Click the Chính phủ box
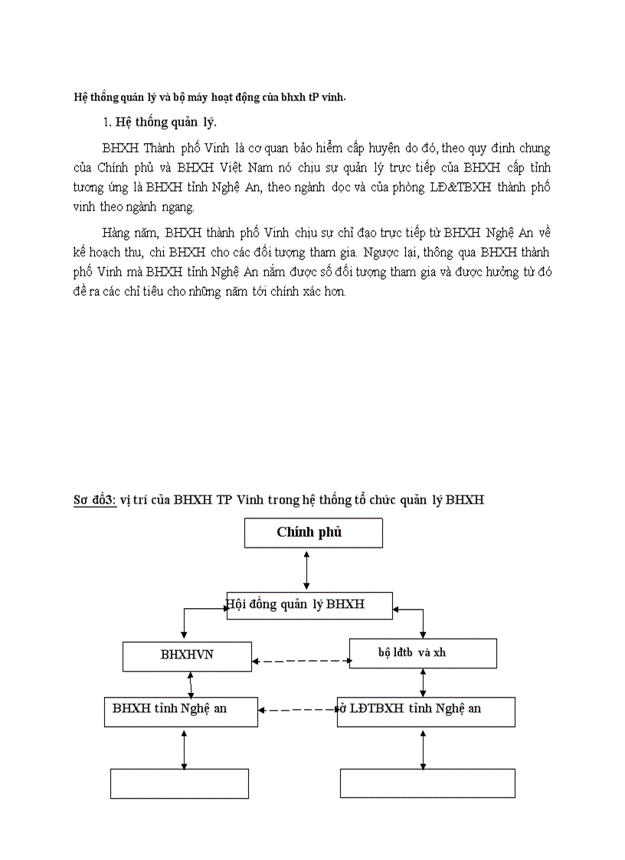click(313, 533)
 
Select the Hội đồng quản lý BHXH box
click(309, 605)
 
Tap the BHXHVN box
click(187, 656)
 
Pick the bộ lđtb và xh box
click(423, 652)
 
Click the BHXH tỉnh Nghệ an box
click(181, 711)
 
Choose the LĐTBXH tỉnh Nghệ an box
click(426, 711)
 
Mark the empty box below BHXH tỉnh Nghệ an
click(180, 783)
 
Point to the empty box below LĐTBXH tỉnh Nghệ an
click(427, 783)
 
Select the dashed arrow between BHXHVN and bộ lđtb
click(300, 660)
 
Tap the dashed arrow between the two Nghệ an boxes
click(297, 711)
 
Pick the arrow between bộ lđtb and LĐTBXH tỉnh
click(424, 682)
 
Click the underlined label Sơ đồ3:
click(94, 500)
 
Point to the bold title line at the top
click(209, 96)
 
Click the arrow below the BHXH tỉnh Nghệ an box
click(184, 748)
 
